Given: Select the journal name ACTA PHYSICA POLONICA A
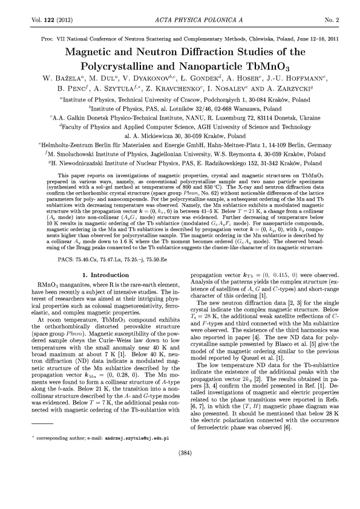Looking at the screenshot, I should point(180,20).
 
